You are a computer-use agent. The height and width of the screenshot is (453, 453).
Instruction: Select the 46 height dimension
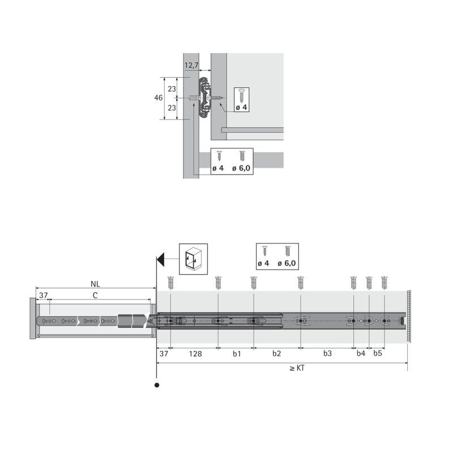coord(159,98)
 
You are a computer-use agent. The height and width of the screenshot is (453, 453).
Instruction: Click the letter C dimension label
coord(95,295)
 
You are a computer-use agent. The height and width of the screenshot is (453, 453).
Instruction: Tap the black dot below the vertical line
coord(156,386)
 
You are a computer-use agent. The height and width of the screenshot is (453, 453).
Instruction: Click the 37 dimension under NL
coord(43,295)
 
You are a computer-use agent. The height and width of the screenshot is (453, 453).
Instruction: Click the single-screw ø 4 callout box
coord(241,100)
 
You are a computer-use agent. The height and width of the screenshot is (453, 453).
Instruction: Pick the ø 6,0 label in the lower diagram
coord(287,263)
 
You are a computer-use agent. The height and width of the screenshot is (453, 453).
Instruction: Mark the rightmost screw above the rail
coord(384,281)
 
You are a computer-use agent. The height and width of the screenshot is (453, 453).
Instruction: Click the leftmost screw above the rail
coord(170,281)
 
